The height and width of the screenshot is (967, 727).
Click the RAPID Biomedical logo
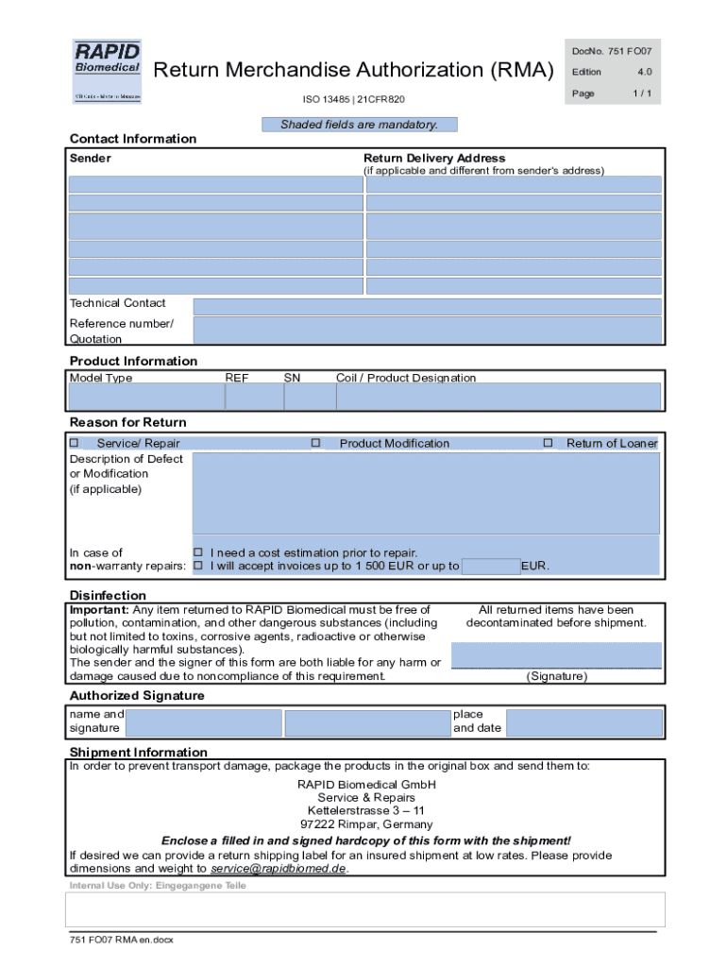108,71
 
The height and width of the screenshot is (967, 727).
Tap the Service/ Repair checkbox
75,443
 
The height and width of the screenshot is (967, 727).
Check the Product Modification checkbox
316,443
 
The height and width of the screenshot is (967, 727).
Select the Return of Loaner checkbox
548,443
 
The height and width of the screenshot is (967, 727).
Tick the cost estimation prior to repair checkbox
198,552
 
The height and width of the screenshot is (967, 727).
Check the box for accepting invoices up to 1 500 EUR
198,567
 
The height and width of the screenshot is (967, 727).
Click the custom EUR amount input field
491,567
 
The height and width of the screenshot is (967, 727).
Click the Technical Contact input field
426,306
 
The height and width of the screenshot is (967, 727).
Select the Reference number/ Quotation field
426,331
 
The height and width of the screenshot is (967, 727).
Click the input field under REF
253,397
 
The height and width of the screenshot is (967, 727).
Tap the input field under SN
309,397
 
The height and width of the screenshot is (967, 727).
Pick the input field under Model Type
144,397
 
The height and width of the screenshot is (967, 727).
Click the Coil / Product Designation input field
499,397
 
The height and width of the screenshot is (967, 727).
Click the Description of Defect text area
426,493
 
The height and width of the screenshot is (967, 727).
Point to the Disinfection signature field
556,655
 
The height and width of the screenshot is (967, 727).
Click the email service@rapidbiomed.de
279,869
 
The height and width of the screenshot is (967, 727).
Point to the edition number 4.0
644,72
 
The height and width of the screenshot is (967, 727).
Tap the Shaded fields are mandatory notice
359,125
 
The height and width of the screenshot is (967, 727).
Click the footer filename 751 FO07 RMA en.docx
121,940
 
